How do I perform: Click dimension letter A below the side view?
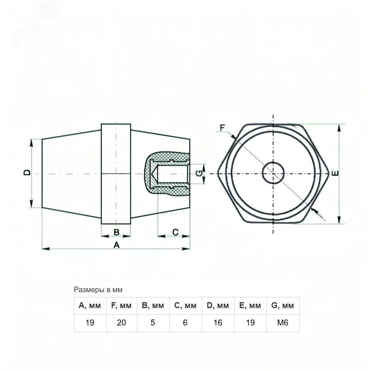117,245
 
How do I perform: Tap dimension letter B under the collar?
116,232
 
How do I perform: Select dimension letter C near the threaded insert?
176,232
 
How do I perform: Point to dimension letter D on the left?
28,173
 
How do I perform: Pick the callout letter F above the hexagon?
223,128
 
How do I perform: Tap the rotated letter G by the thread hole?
199,173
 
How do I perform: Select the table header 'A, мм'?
90,306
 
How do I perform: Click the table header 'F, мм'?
121,306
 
